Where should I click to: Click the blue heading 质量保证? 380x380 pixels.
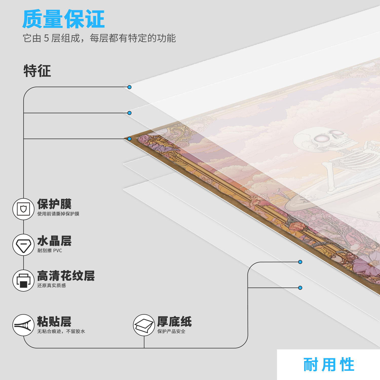pyautogui.click(x=63, y=19)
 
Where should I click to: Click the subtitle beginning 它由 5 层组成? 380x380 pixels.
pyautogui.click(x=99, y=38)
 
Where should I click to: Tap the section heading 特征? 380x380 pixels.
pyautogui.click(x=37, y=71)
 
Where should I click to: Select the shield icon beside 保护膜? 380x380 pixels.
pyautogui.click(x=24, y=209)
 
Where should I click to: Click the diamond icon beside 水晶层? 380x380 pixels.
pyautogui.click(x=24, y=245)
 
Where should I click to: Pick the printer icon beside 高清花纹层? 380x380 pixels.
pyautogui.click(x=24, y=280)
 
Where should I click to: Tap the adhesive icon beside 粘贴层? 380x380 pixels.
pyautogui.click(x=24, y=325)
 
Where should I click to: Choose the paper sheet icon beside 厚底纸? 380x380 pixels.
pyautogui.click(x=144, y=325)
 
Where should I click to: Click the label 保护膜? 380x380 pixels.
pyautogui.click(x=54, y=204)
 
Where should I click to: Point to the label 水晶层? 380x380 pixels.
pyautogui.click(x=54, y=241)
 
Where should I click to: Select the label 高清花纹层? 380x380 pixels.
pyautogui.click(x=66, y=276)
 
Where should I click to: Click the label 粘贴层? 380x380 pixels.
pyautogui.click(x=54, y=322)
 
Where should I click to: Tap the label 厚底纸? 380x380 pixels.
pyautogui.click(x=175, y=322)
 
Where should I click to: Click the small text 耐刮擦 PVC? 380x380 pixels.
pyautogui.click(x=50, y=251)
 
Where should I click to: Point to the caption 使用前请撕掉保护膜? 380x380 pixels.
pyautogui.click(x=58, y=214)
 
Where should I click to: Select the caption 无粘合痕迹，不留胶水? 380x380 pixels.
pyautogui.click(x=61, y=331)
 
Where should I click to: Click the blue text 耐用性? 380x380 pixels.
pyautogui.click(x=329, y=365)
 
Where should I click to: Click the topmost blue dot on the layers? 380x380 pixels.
pyautogui.click(x=129, y=87)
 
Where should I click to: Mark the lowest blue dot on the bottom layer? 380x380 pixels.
pyautogui.click(x=300, y=288)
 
